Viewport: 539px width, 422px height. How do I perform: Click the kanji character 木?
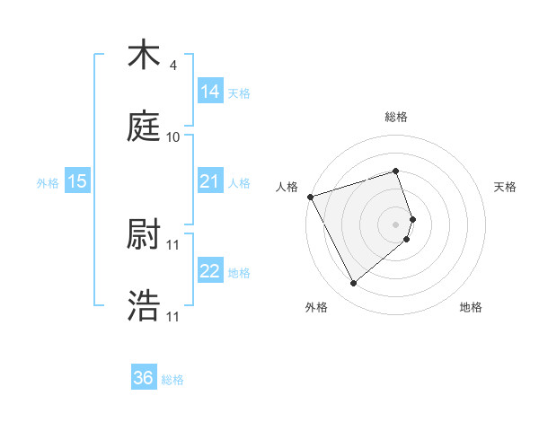point(144,56)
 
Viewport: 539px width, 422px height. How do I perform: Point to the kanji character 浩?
point(144,306)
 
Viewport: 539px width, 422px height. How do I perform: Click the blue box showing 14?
point(210,91)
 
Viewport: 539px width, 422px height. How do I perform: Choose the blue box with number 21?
point(210,181)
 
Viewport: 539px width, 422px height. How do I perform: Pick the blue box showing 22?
point(210,271)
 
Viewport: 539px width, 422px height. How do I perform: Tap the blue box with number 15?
point(77,181)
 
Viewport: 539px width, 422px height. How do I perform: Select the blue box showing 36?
point(144,378)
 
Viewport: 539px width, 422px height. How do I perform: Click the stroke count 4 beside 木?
point(173,66)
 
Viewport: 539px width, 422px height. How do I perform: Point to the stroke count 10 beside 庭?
point(173,137)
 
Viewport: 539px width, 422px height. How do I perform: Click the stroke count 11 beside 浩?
point(173,317)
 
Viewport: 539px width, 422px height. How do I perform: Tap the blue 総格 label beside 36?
point(172,380)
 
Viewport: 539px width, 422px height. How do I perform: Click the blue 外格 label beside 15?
point(48,183)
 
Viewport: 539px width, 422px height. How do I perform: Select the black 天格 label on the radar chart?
point(505,187)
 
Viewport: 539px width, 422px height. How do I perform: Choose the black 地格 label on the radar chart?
point(471,307)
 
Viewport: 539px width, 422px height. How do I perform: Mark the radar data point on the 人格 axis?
point(310,197)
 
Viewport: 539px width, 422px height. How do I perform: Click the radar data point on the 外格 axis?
point(353,284)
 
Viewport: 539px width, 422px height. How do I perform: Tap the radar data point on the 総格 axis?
point(395,171)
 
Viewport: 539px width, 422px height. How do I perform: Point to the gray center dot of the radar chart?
point(396,224)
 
